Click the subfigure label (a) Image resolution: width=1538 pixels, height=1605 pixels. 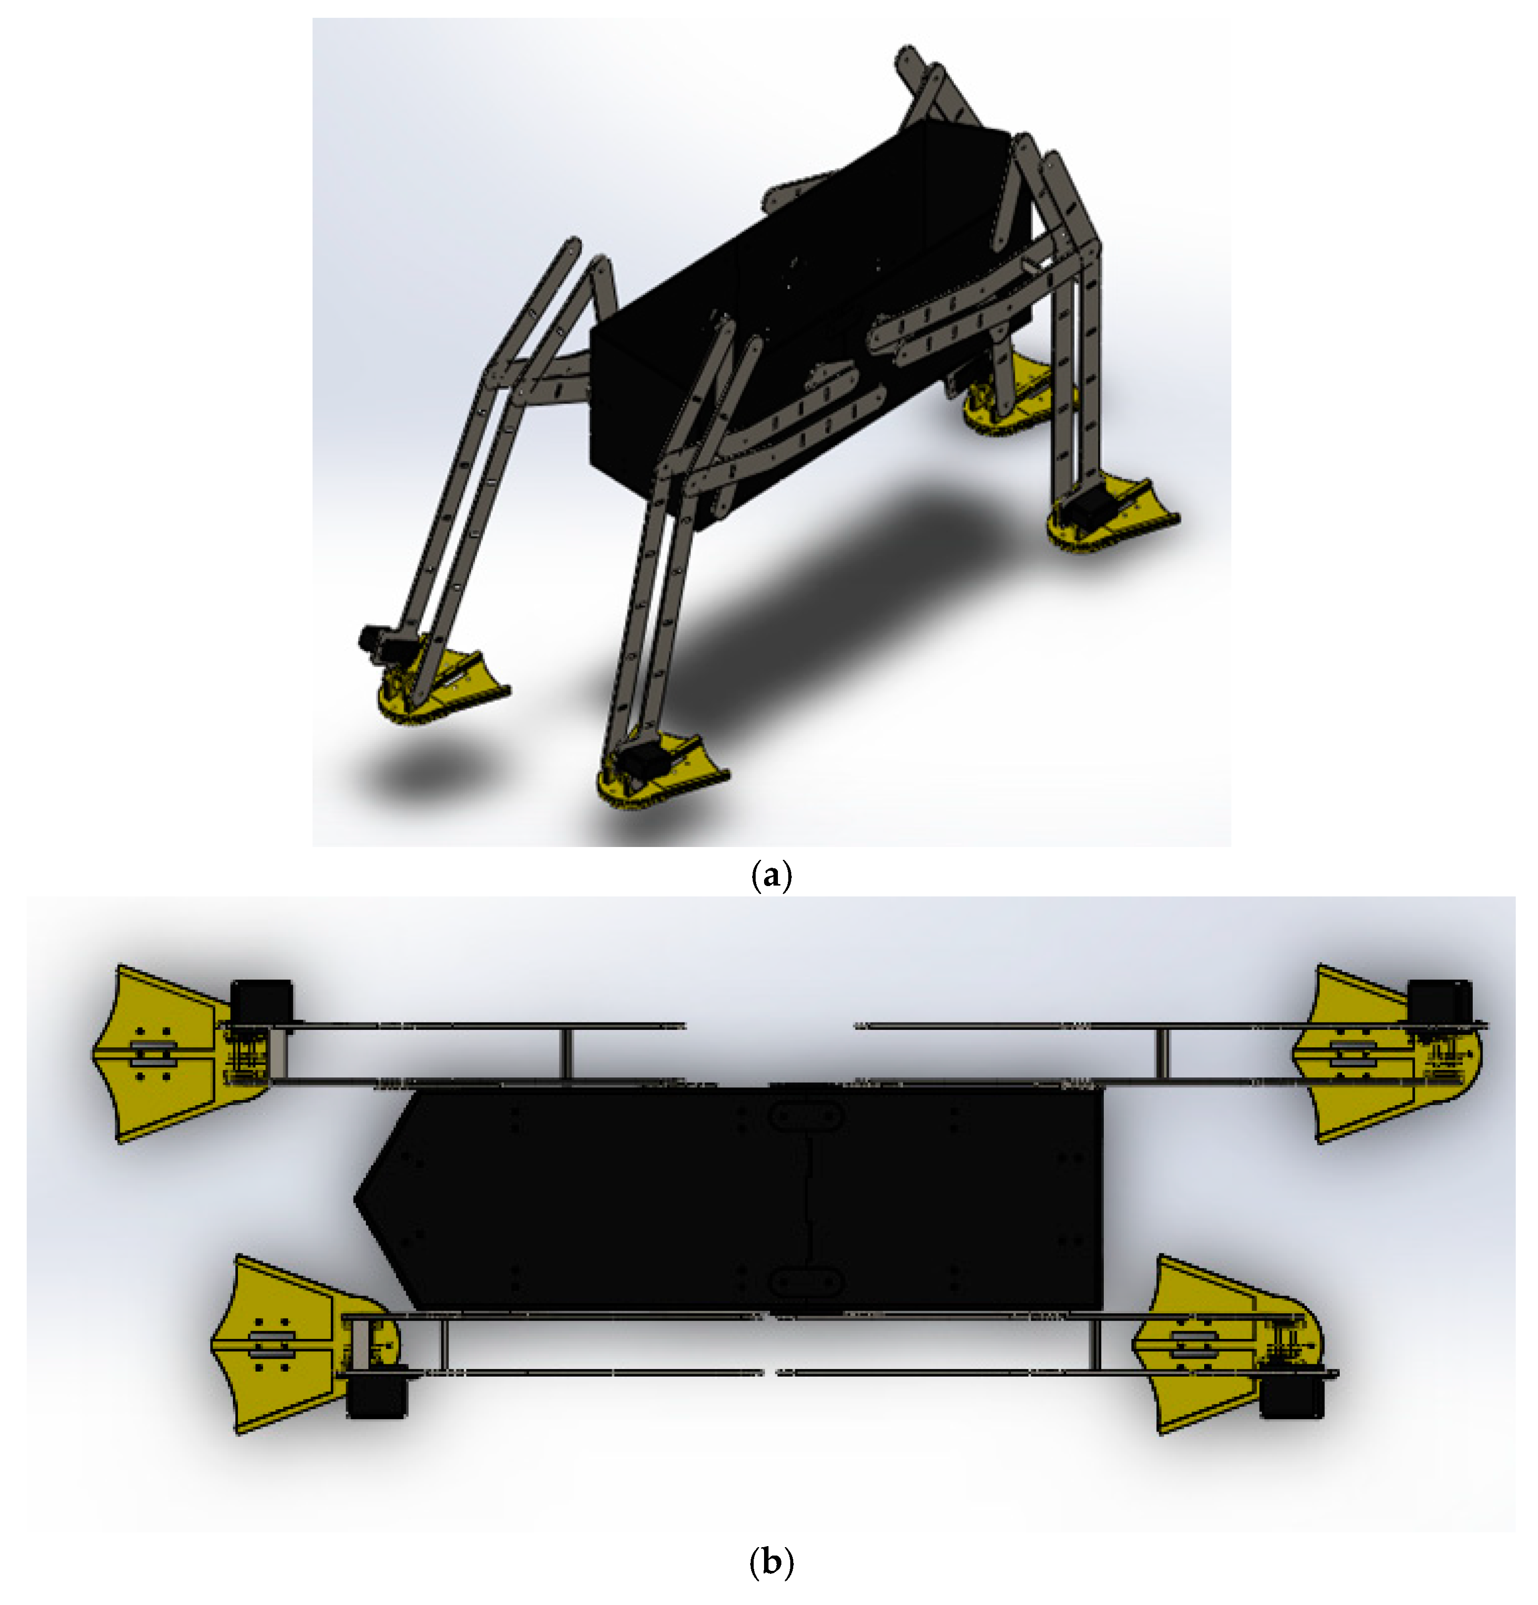point(770,875)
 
